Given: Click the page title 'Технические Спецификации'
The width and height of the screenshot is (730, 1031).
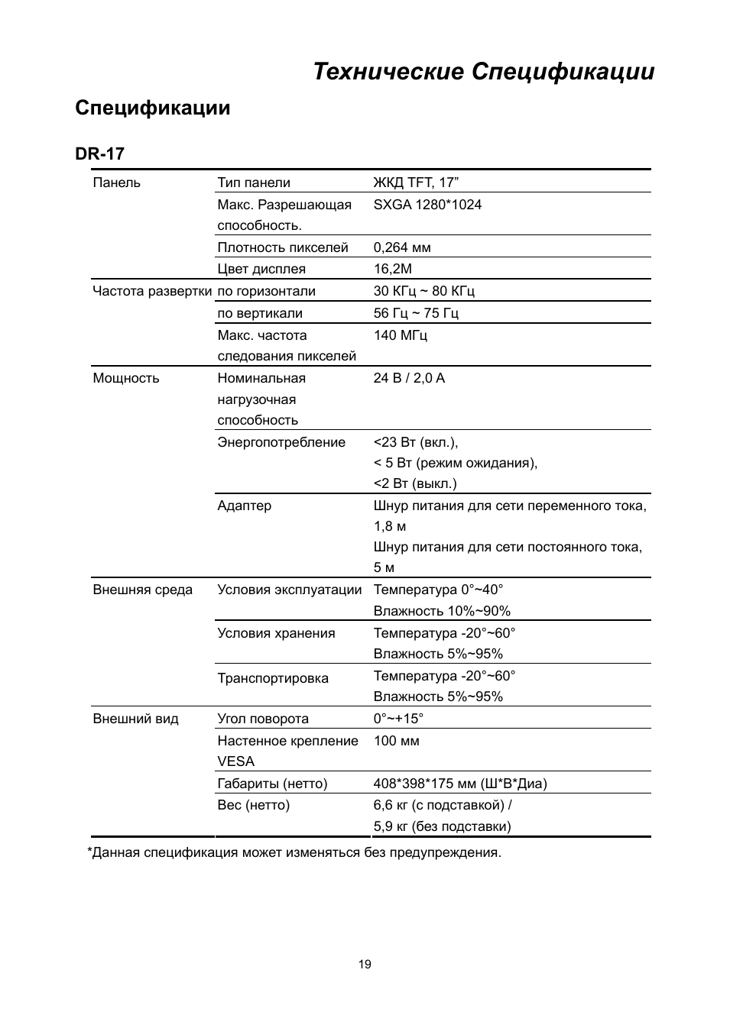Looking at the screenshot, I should (483, 72).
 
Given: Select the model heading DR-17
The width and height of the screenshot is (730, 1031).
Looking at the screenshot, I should (99, 154).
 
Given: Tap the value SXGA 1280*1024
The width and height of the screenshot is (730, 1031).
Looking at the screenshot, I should (427, 205).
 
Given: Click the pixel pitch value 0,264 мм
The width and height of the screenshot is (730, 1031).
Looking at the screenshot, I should (402, 247).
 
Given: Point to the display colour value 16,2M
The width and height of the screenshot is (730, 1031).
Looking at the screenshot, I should (392, 269).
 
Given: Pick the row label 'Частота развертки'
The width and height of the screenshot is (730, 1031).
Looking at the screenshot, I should (152, 291).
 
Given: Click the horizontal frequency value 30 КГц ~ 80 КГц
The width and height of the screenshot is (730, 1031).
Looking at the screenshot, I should (423, 291).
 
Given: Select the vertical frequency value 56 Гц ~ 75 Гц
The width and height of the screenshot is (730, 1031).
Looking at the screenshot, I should (416, 313).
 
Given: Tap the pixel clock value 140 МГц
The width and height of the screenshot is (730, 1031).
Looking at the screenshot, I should (400, 335).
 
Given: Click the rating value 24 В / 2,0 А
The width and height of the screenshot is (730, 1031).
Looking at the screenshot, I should (409, 378).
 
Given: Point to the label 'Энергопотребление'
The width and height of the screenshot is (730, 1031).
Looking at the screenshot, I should (281, 442).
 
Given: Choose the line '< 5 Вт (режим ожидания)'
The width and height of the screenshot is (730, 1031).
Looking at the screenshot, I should (456, 463).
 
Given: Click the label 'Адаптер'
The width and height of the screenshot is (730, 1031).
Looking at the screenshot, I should (244, 506).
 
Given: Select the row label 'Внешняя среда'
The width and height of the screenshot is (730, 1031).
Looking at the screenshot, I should (143, 590).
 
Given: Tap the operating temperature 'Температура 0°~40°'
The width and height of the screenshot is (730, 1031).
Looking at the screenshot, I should (438, 590).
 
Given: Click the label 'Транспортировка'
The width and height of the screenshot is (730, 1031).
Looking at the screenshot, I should (273, 678).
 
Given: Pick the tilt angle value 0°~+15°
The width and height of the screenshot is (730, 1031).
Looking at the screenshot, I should (398, 719).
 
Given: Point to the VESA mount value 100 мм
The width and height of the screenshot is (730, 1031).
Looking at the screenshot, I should (396, 741).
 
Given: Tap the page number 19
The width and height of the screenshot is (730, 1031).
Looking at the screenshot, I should (365, 965).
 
